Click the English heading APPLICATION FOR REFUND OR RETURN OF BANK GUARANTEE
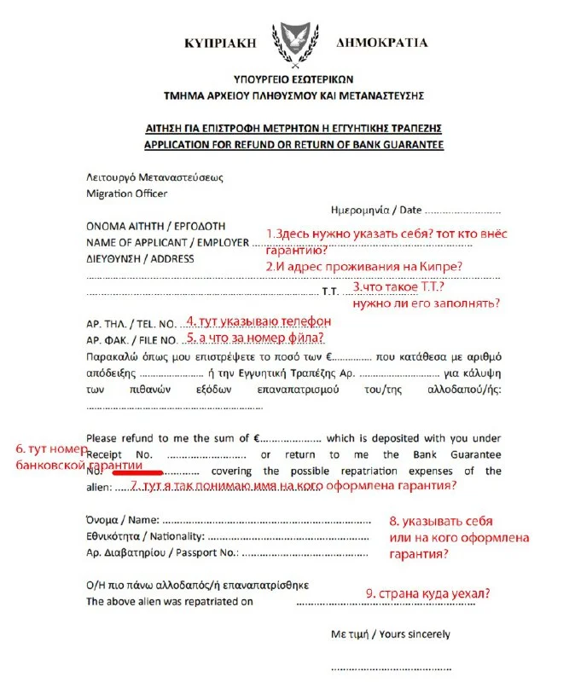[293, 145]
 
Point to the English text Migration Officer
[127, 194]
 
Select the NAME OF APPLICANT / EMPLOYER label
[167, 242]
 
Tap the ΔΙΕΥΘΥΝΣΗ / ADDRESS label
[140, 259]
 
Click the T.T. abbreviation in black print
[330, 292]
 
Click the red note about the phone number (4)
[259, 322]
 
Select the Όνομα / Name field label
[123, 520]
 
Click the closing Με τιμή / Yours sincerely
[390, 634]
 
